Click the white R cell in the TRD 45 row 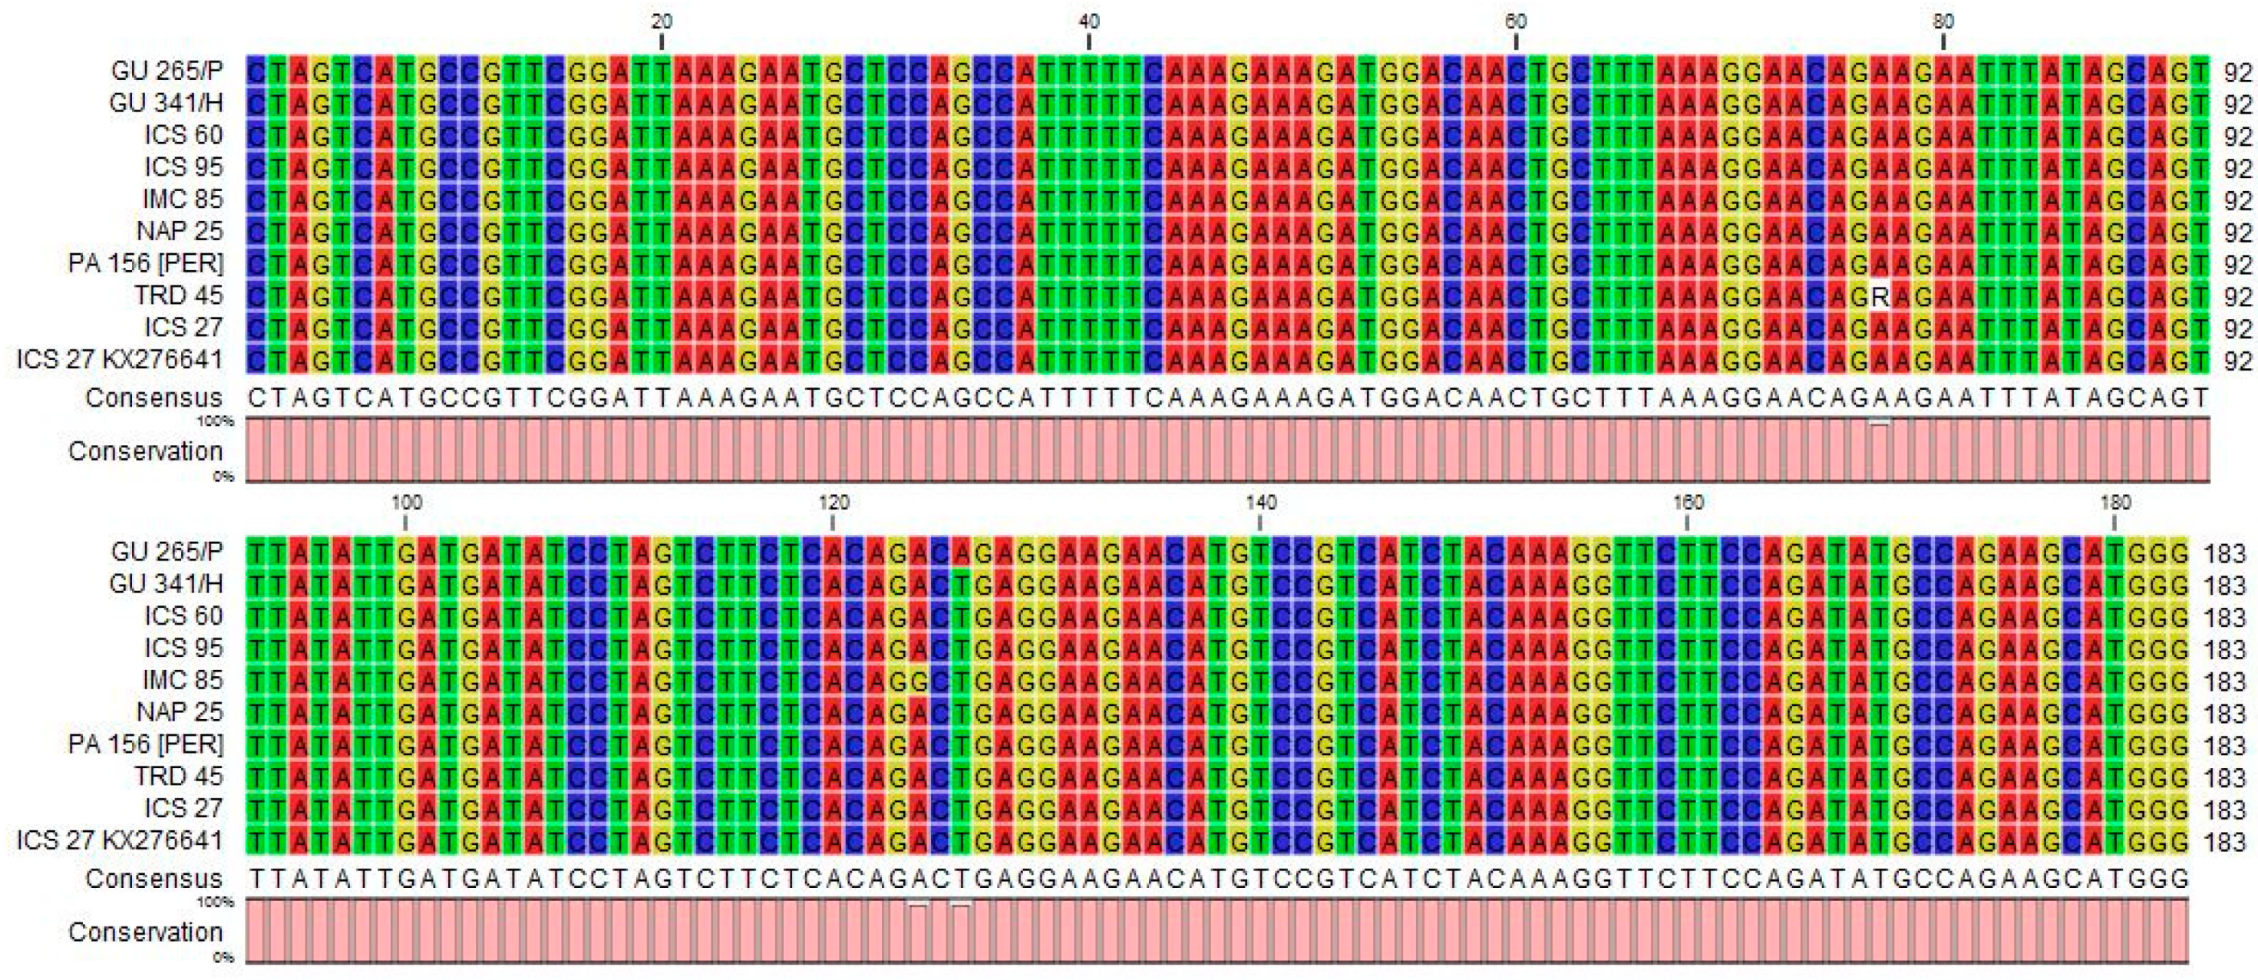(1877, 296)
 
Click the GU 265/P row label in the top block (167, 71)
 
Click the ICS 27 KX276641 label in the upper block (119, 359)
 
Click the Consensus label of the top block (154, 398)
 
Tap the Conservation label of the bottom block (146, 932)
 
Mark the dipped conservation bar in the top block (1878, 424)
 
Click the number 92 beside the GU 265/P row (2237, 72)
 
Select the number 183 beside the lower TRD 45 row (2225, 777)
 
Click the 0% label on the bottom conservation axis (223, 957)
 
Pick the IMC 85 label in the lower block (183, 680)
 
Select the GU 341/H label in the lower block (167, 584)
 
